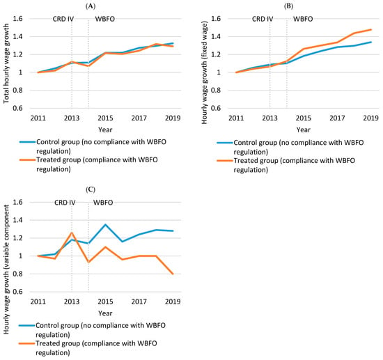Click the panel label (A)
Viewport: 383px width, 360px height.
point(91,6)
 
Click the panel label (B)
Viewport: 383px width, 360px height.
point(288,6)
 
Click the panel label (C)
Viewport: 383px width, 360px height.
point(91,189)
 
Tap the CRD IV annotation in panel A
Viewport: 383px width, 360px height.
point(63,19)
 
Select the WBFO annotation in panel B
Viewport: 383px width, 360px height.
point(303,19)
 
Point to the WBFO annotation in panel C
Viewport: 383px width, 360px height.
point(103,203)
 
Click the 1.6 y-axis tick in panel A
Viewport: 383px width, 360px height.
point(17,19)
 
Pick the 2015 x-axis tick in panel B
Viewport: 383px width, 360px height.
point(304,118)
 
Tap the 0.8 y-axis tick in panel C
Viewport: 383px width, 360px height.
point(17,274)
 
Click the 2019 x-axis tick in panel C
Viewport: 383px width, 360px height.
point(173,302)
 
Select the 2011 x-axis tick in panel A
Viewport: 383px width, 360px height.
point(38,118)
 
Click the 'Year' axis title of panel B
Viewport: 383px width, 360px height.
point(304,130)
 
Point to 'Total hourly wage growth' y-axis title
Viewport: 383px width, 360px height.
point(6,63)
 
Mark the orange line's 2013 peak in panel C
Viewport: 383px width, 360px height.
point(72,233)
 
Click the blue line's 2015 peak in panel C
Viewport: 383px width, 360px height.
point(105,224)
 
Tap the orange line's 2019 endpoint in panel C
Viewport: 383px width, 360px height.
point(173,274)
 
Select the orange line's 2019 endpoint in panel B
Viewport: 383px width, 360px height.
point(371,29)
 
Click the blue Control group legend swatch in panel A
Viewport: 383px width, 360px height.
point(28,142)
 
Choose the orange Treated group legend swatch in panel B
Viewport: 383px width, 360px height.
point(225,160)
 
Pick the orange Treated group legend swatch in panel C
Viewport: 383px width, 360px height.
point(27,343)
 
